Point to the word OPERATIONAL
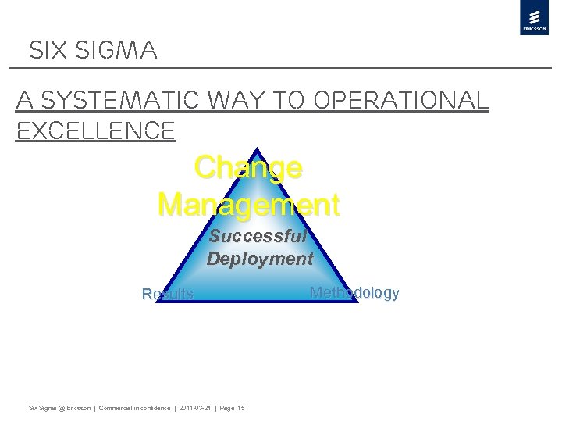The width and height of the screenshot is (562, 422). pyautogui.click(x=400, y=101)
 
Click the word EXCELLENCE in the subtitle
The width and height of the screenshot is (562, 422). pyautogui.click(x=96, y=131)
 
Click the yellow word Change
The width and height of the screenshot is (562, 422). pyautogui.click(x=248, y=167)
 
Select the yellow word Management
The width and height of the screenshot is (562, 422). pyautogui.click(x=248, y=205)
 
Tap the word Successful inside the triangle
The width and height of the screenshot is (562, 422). pyautogui.click(x=258, y=236)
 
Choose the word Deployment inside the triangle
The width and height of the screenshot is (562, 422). pyautogui.click(x=260, y=259)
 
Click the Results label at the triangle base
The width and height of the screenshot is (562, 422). pyautogui.click(x=167, y=295)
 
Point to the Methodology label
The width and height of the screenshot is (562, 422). pyautogui.click(x=354, y=293)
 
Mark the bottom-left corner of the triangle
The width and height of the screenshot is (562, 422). pyautogui.click(x=158, y=301)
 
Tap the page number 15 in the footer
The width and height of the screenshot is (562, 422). pyautogui.click(x=240, y=408)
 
